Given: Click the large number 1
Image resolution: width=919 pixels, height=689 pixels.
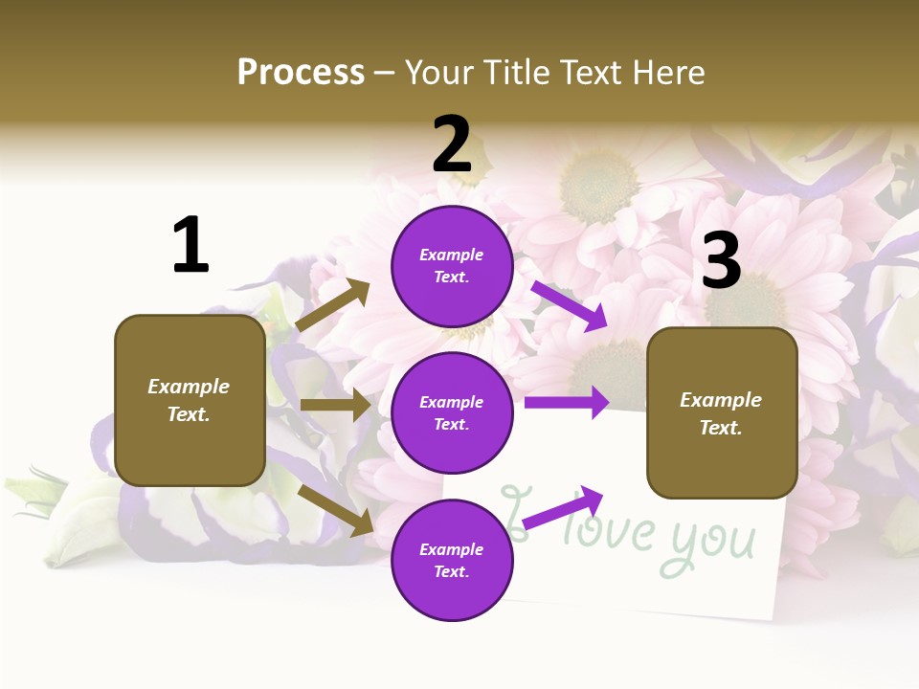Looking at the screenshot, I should coord(191,246).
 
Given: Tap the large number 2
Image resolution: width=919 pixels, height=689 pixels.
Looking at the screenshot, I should coord(452,144).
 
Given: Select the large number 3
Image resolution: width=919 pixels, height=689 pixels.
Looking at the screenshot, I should coord(722,260).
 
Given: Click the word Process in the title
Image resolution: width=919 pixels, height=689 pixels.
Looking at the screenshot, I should coord(301,72).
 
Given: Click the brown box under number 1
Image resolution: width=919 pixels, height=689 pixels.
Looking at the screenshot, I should coord(190,400).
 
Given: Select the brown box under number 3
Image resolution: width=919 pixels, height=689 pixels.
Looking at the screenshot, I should coord(722,413).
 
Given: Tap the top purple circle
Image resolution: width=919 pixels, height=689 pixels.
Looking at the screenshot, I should coord(452,266).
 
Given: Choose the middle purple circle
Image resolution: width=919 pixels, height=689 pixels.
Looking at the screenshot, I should coord(452,412).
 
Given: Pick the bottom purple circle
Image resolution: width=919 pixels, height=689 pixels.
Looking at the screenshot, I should coord(452,560).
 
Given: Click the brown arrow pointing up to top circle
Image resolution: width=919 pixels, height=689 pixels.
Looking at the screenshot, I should coord(333,305).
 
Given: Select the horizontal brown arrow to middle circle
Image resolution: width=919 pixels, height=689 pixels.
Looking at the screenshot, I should coord(335,405).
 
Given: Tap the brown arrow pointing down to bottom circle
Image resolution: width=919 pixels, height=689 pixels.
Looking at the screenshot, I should coord(336,509).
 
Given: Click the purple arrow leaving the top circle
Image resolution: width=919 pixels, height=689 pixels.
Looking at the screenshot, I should coord(570,305).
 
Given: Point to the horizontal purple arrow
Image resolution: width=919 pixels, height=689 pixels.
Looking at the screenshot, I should coord(567,403).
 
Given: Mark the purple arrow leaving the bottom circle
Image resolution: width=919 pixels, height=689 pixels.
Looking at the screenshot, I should coord(564,507).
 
